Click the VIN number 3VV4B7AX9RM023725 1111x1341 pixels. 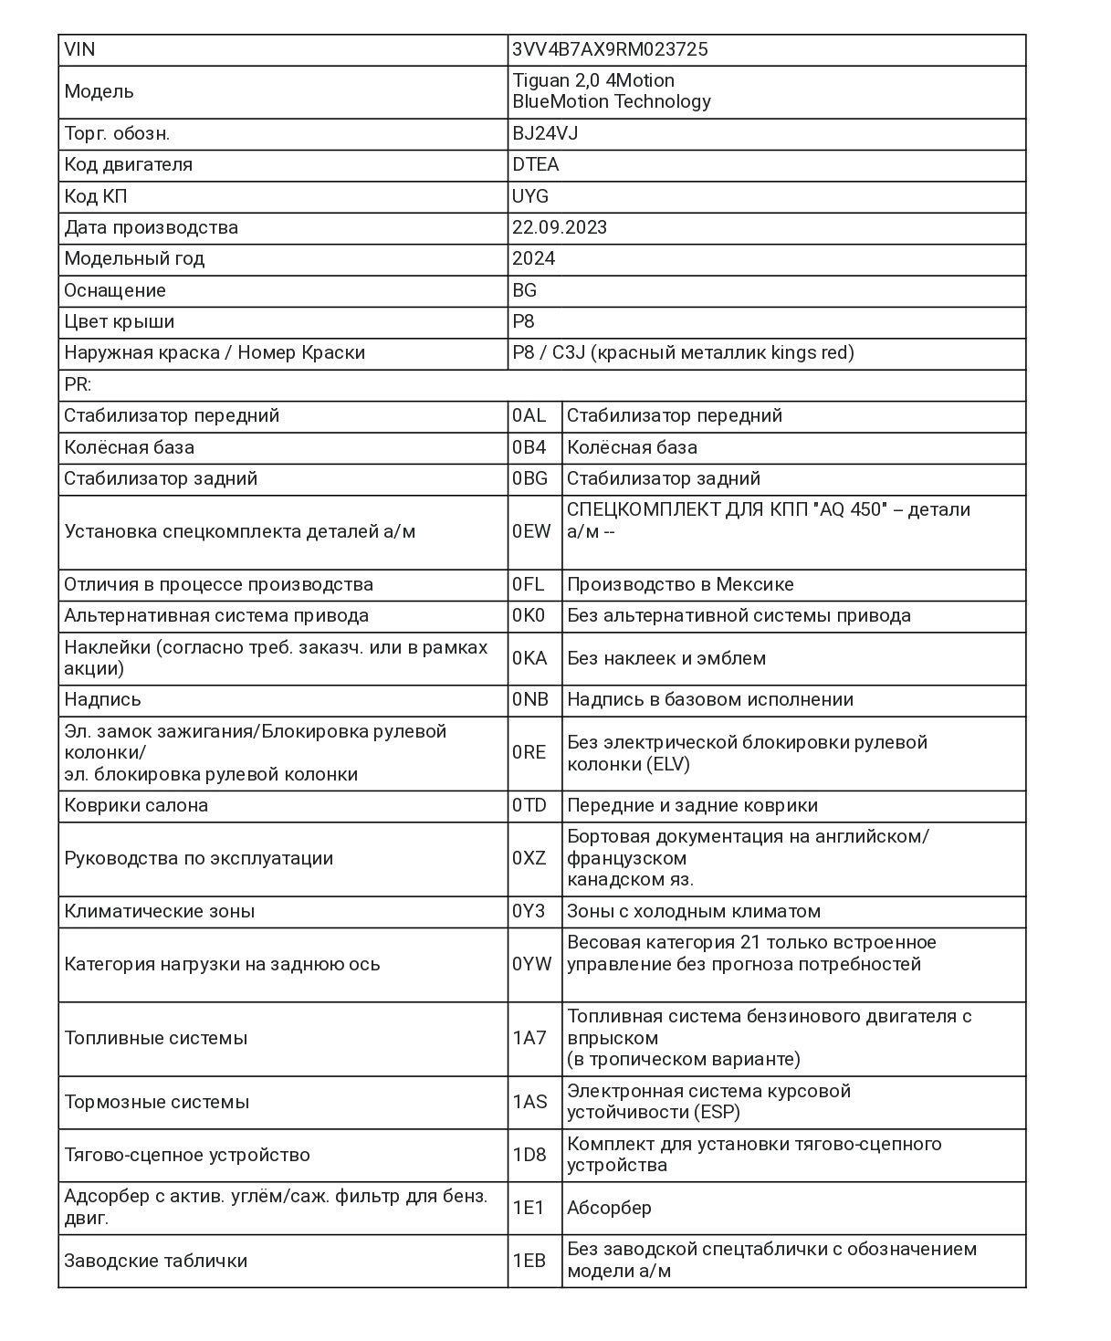point(610,49)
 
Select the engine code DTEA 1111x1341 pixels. point(536,164)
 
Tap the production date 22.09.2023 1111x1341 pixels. point(560,227)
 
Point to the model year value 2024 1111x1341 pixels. point(533,258)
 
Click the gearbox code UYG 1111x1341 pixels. point(530,196)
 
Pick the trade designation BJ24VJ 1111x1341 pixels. point(545,133)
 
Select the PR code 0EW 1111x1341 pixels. point(531,531)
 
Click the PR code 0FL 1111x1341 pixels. point(528,584)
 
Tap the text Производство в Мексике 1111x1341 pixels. point(680,584)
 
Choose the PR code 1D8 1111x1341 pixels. point(529,1155)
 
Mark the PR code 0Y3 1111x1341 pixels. point(529,911)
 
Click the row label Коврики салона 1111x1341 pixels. point(136,805)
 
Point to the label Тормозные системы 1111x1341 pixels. point(156,1102)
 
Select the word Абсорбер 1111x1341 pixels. point(609,1208)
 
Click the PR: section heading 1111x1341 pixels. point(78,384)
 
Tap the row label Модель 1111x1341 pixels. point(99,91)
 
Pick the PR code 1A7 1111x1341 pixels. point(529,1038)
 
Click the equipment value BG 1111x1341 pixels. point(525,290)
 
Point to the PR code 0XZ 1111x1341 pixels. point(529,858)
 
